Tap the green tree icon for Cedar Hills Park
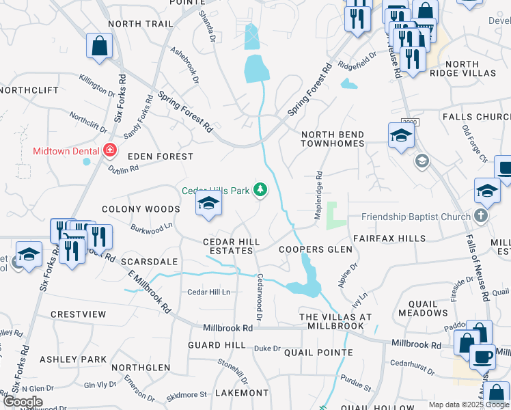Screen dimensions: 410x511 (x=260, y=189)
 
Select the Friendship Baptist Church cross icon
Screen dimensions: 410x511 (x=482, y=217)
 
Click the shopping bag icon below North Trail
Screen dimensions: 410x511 (x=100, y=46)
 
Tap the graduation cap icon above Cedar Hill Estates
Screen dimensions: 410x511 (x=208, y=203)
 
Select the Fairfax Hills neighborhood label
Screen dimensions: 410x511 (x=389, y=238)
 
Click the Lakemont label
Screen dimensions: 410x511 (x=242, y=393)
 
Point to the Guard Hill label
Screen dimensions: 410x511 (x=217, y=346)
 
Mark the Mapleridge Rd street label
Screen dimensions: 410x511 (x=318, y=195)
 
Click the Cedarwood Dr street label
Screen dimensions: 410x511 (x=260, y=297)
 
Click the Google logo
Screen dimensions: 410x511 (x=22, y=402)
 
